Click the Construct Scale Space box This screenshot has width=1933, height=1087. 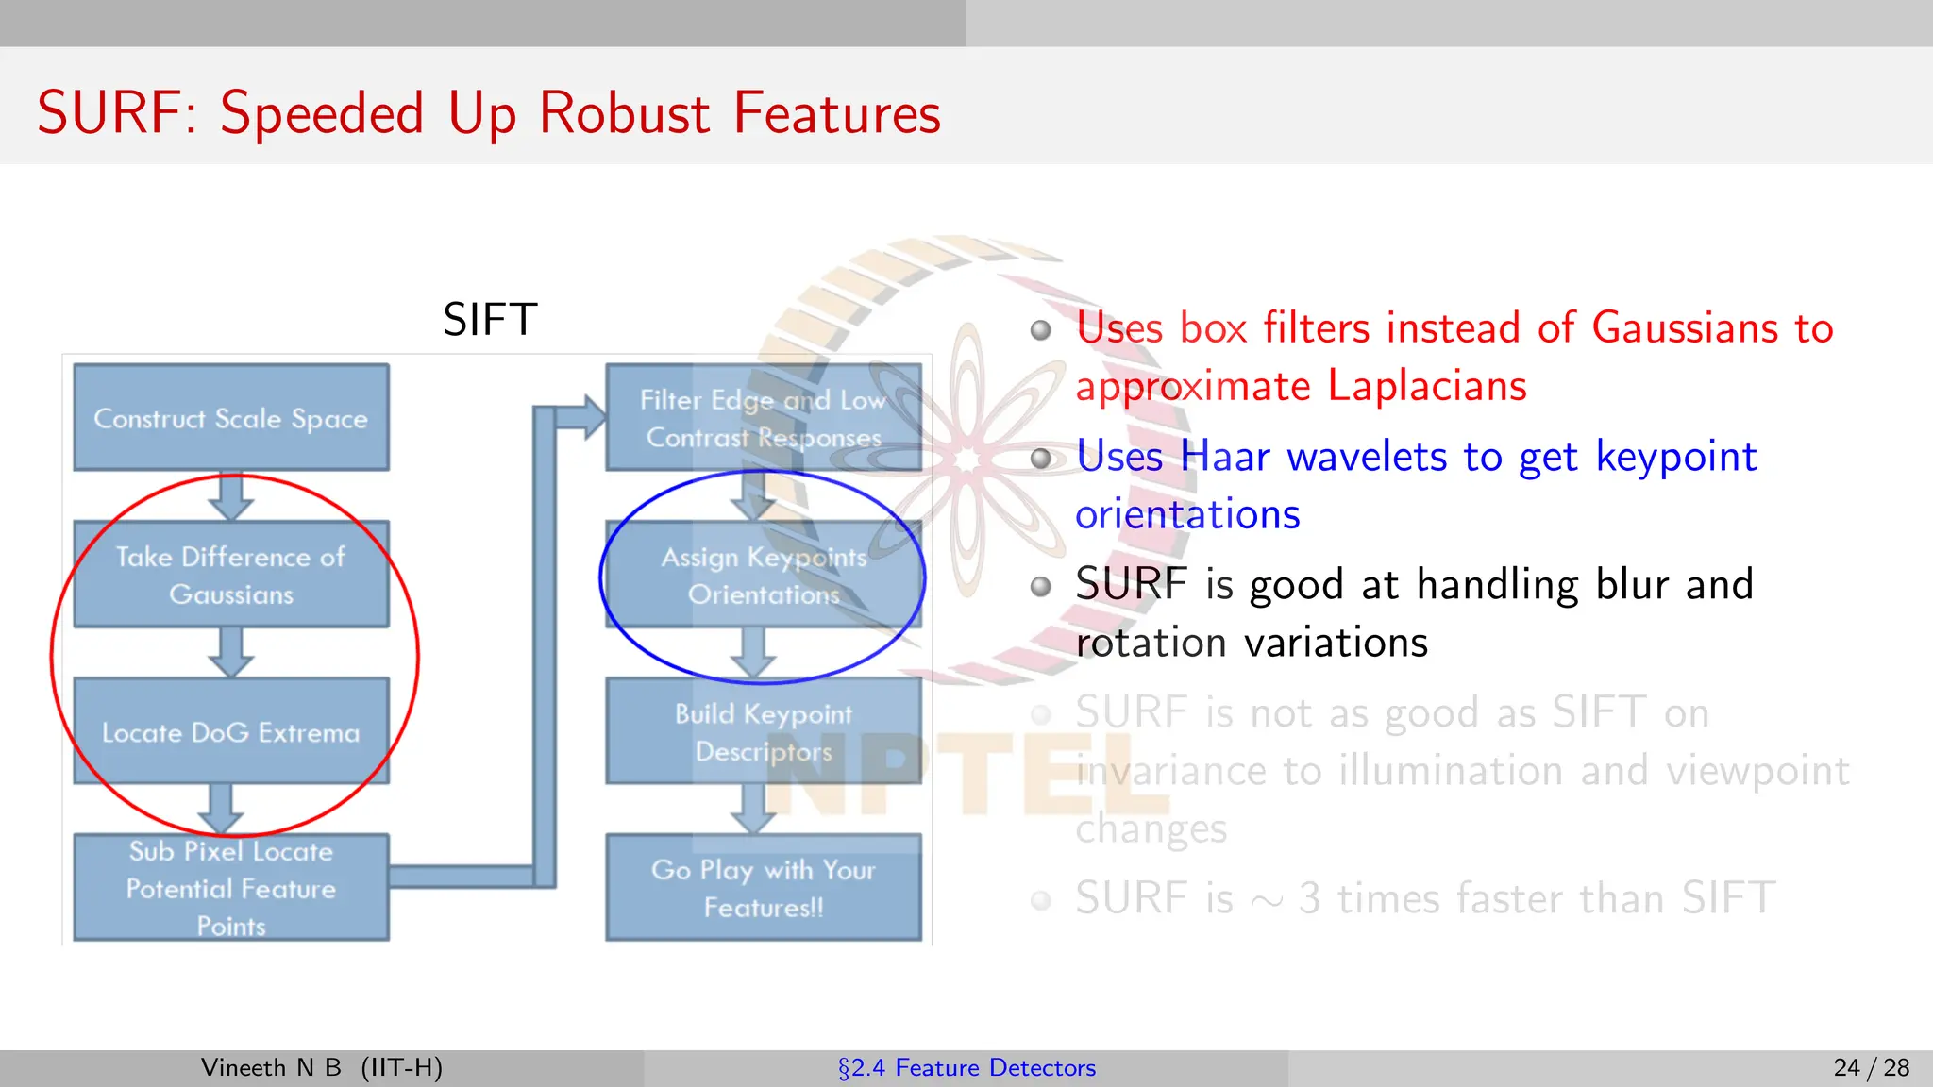(x=231, y=417)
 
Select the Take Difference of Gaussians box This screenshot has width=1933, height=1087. (x=231, y=575)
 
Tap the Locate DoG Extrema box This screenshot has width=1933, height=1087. (x=231, y=731)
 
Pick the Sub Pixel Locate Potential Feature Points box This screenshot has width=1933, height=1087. (x=231, y=888)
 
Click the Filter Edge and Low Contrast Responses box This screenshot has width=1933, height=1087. (x=763, y=417)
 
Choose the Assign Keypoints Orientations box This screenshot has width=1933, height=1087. (x=763, y=575)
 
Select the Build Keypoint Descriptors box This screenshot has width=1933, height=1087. (x=763, y=731)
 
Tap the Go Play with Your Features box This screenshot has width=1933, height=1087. (x=763, y=888)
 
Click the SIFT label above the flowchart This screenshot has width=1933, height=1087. (x=490, y=320)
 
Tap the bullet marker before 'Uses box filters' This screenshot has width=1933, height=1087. (x=1040, y=330)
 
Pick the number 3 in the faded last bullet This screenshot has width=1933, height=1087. (x=1309, y=898)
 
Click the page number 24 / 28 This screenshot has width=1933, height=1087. (x=1871, y=1067)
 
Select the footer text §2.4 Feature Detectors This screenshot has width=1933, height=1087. (x=966, y=1067)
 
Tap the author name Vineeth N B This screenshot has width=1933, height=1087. (x=271, y=1067)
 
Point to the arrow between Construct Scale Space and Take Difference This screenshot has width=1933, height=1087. (x=231, y=496)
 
